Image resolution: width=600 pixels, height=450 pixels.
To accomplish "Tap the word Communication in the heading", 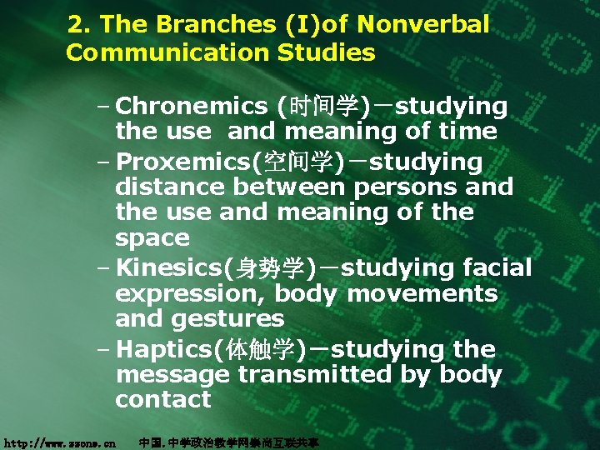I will tap(158, 53).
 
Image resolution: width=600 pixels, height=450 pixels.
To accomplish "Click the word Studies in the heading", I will tap(328, 53).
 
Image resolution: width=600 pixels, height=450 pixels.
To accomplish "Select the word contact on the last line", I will tap(163, 400).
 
